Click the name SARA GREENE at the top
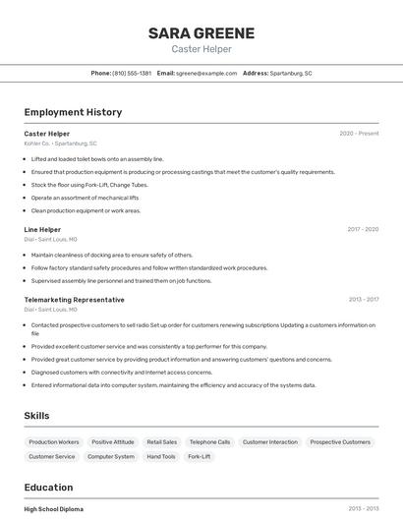click(201, 33)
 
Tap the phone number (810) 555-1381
click(132, 73)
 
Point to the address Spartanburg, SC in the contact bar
click(291, 73)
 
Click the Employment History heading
click(73, 112)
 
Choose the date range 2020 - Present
click(359, 133)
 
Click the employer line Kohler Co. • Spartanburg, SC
click(60, 144)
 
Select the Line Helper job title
click(42, 229)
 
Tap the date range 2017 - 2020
click(363, 229)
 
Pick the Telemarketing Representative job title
click(74, 299)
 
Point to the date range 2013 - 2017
click(363, 299)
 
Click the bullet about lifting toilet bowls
click(97, 158)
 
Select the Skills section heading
click(36, 416)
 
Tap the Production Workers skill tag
click(54, 442)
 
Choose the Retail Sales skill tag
click(162, 442)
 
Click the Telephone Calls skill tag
click(209, 442)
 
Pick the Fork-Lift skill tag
click(199, 456)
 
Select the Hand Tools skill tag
click(160, 456)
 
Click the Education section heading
click(48, 488)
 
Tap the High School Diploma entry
click(54, 509)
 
